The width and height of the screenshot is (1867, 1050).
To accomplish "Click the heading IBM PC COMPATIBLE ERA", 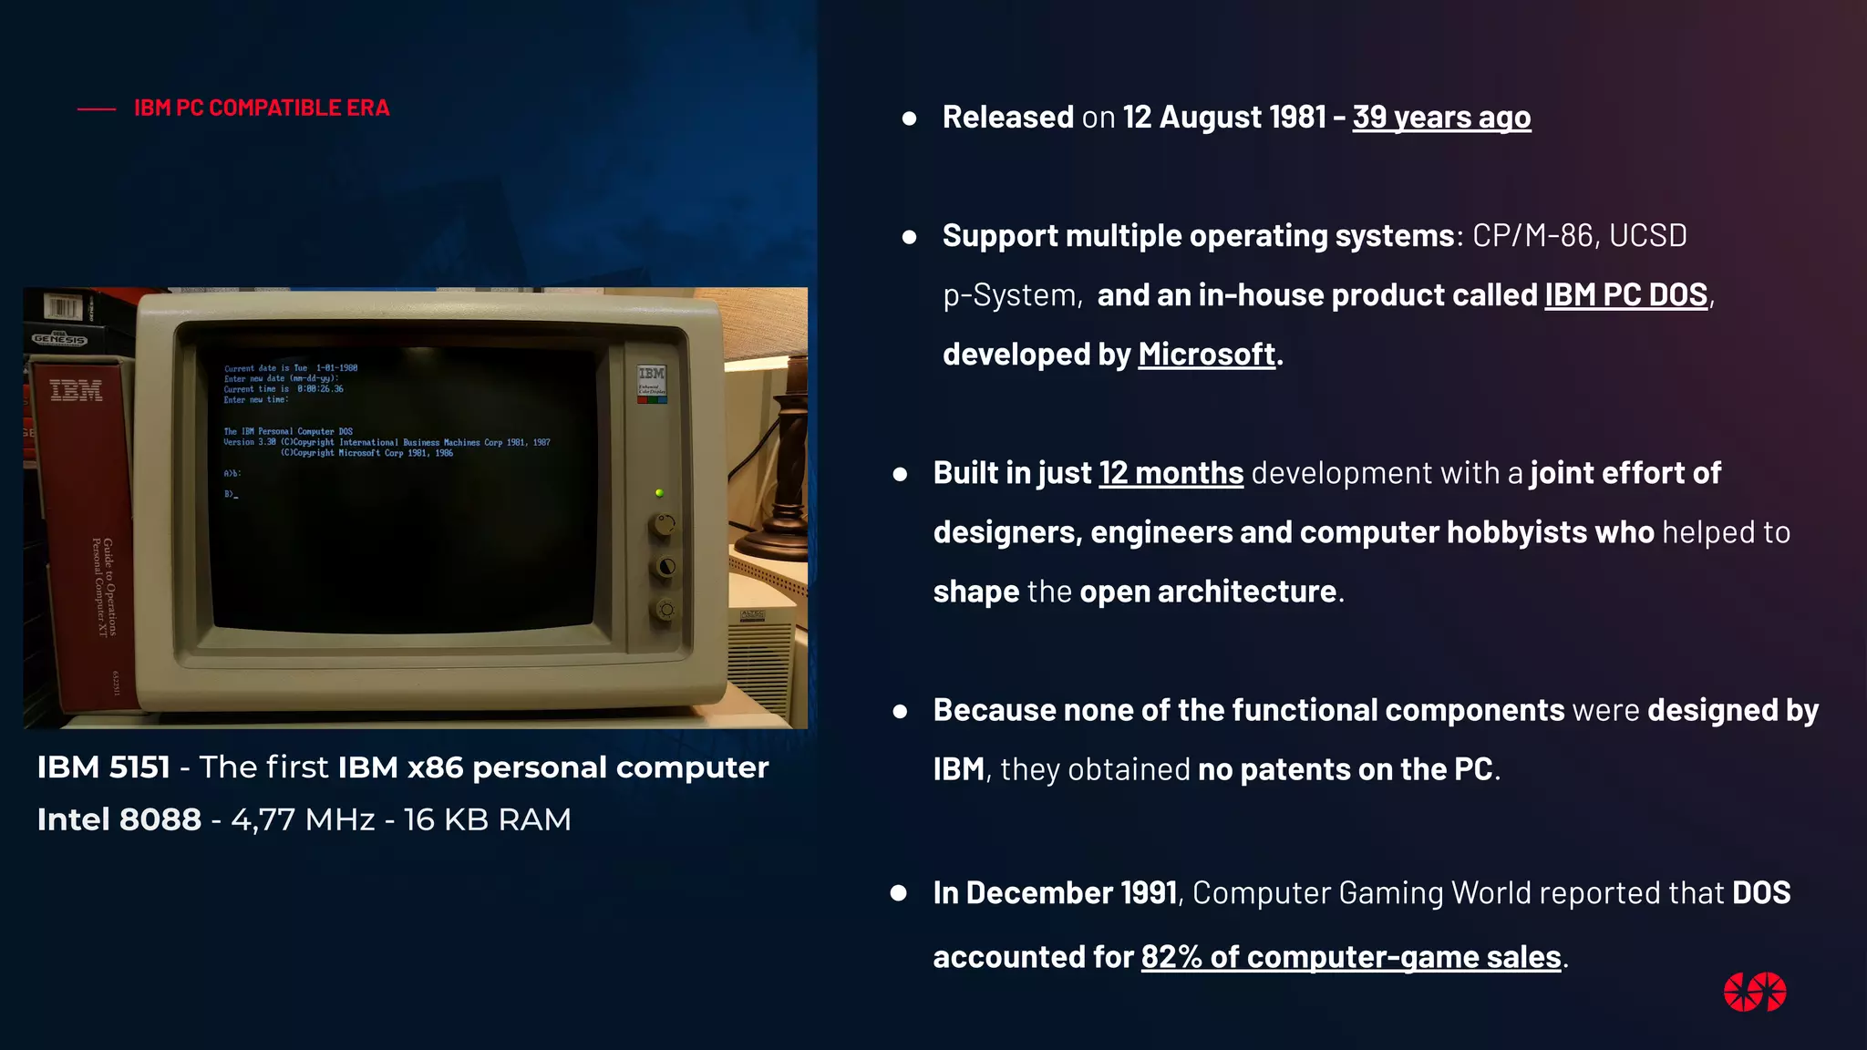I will (x=262, y=108).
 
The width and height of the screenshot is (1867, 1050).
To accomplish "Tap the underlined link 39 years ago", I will (x=1440, y=117).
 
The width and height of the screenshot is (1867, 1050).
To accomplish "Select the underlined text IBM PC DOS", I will (x=1625, y=294).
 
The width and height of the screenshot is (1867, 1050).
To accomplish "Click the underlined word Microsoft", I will (x=1206, y=354).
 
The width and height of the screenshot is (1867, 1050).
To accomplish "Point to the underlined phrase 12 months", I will (x=1171, y=473).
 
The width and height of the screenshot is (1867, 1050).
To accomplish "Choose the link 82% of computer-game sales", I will (x=1350, y=956).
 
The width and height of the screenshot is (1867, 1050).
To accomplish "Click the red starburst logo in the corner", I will (x=1754, y=992).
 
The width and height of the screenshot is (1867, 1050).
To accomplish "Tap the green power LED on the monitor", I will (x=659, y=493).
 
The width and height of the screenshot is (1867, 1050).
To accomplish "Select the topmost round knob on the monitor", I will (x=664, y=525).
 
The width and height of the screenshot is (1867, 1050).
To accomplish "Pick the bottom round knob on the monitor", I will (x=665, y=609).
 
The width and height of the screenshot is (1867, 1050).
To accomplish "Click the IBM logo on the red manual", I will (x=76, y=390).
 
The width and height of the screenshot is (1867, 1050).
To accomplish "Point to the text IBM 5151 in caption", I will (x=103, y=767).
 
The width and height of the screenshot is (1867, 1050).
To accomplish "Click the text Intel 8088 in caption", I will (x=119, y=819).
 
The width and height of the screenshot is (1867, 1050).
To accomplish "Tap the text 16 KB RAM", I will (x=487, y=819).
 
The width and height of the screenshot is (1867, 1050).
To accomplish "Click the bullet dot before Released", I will (x=909, y=118).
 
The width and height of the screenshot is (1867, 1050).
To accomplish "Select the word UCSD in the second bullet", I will (x=1647, y=235).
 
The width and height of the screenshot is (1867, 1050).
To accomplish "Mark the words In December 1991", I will (x=1055, y=892).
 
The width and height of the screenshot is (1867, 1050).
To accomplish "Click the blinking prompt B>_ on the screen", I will (x=231, y=494).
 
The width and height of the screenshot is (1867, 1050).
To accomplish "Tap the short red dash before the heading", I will (x=97, y=109).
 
